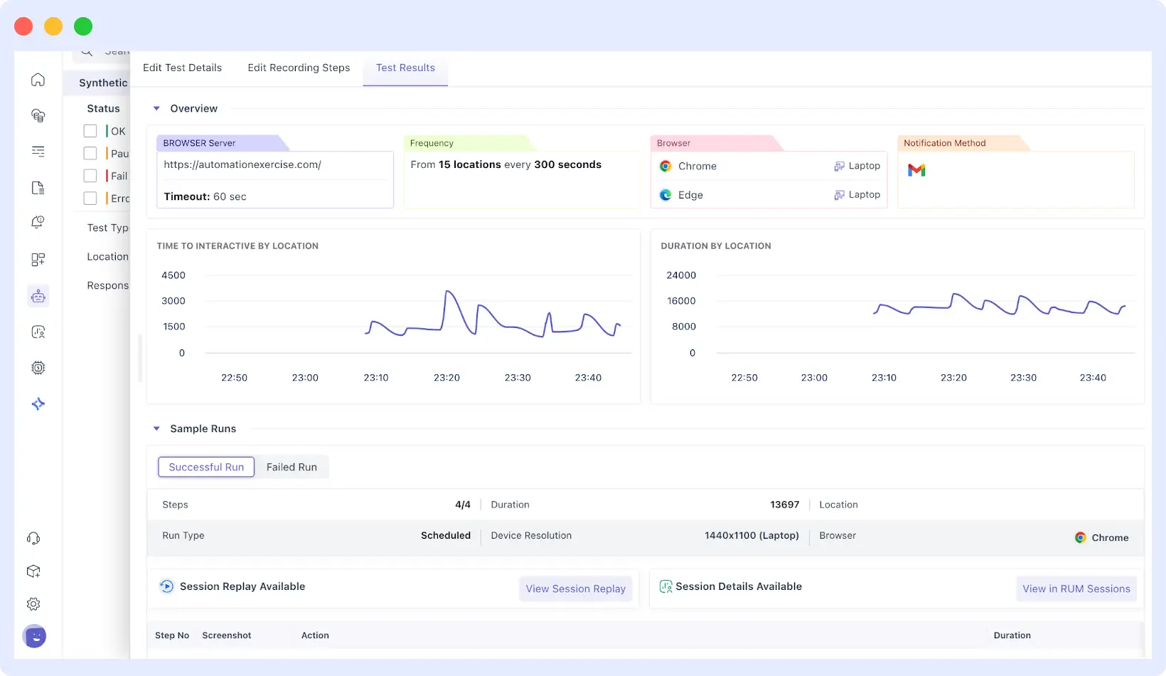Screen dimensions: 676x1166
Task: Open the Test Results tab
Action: click(x=405, y=68)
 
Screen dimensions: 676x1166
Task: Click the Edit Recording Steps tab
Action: click(x=299, y=68)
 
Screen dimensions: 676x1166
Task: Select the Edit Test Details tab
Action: click(x=182, y=68)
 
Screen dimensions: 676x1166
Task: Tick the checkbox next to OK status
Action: click(x=90, y=131)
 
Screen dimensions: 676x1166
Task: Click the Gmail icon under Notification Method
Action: click(x=916, y=170)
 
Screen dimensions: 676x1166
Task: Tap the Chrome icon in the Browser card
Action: click(x=665, y=166)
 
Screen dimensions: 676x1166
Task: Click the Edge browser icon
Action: click(x=665, y=195)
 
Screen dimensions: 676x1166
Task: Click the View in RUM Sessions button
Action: click(x=1076, y=588)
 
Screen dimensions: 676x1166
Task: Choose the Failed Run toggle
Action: click(x=291, y=468)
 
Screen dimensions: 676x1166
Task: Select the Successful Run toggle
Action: click(x=206, y=468)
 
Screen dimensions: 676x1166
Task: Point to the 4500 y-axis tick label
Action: click(x=173, y=275)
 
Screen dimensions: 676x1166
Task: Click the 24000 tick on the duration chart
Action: click(x=680, y=275)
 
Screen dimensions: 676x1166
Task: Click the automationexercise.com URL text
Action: click(x=242, y=165)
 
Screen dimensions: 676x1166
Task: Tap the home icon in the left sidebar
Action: click(x=38, y=80)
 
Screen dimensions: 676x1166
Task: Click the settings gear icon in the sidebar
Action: click(x=33, y=604)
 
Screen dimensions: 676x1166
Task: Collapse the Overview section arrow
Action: click(x=156, y=109)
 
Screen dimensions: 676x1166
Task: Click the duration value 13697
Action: click(x=784, y=505)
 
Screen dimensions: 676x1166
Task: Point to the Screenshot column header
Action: click(x=227, y=635)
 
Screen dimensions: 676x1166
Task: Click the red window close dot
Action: click(x=23, y=26)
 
